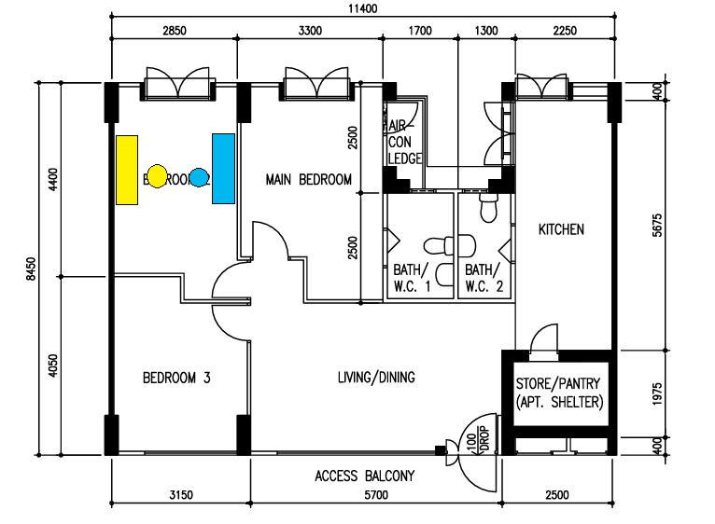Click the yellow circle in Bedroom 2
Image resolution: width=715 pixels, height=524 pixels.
point(158,175)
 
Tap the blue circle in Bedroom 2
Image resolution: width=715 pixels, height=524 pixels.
point(198,176)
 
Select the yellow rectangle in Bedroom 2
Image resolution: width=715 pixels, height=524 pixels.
point(127,169)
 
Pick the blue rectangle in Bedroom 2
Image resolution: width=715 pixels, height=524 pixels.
point(223,168)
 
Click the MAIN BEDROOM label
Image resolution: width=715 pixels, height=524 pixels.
point(308,180)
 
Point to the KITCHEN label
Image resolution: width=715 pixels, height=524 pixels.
point(561,228)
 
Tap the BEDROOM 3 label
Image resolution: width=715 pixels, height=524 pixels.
point(175,378)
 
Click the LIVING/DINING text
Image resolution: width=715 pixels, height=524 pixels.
point(376,378)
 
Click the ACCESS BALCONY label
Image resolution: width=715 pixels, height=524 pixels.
point(364,476)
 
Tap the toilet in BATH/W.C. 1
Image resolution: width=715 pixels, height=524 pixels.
point(438,246)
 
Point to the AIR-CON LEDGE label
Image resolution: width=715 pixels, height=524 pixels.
point(403,142)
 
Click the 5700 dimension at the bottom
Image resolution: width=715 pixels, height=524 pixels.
point(375,495)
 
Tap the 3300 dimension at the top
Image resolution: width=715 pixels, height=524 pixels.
point(310,30)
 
